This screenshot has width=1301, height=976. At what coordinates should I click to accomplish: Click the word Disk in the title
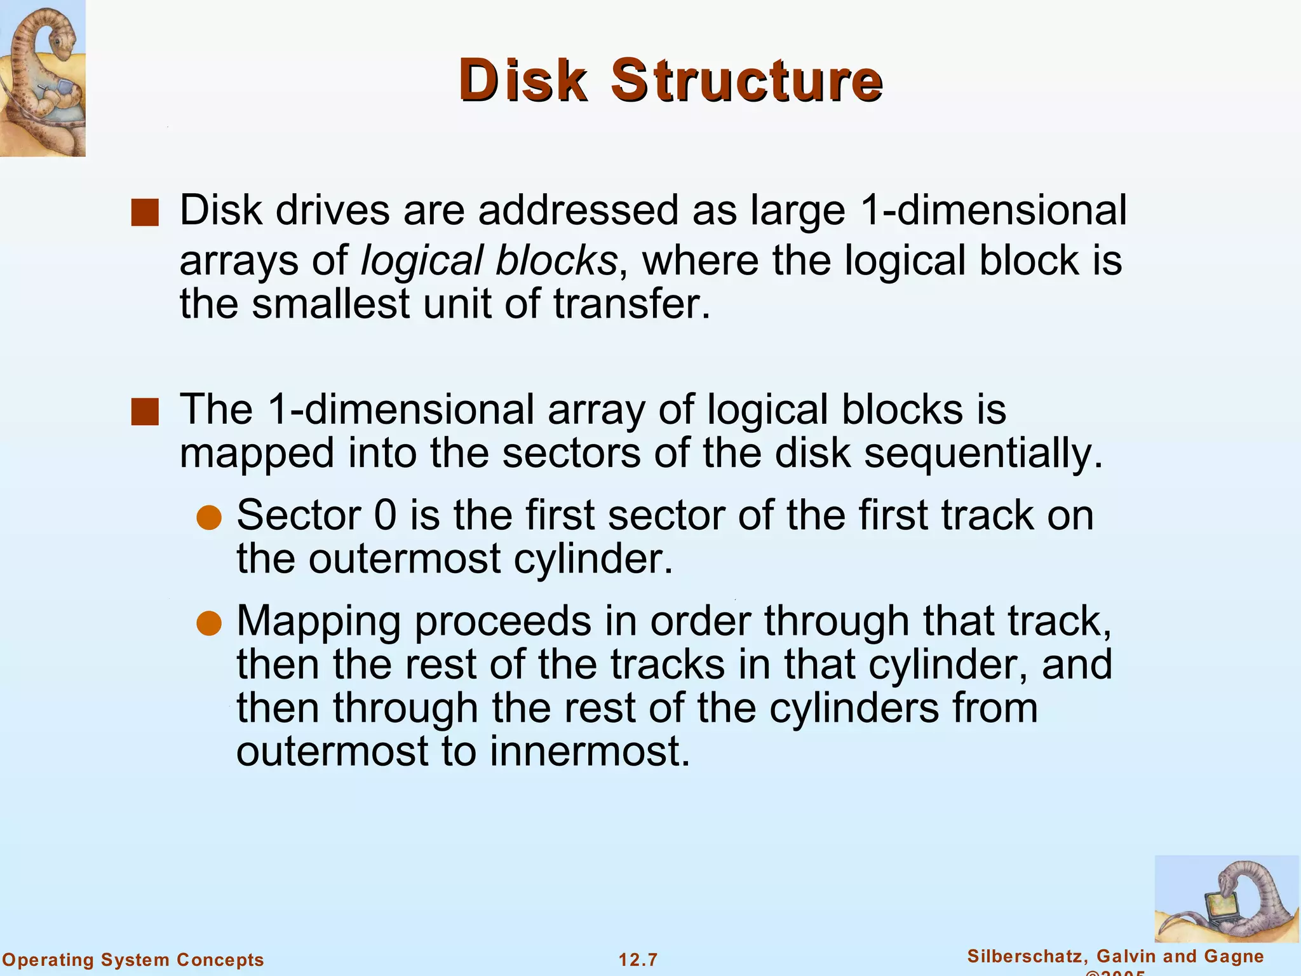(522, 81)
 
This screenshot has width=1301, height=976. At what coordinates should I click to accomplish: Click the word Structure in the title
(746, 81)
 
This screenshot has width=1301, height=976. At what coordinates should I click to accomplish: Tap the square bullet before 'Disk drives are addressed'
(145, 213)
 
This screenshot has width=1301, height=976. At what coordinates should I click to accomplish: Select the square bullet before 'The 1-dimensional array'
(145, 411)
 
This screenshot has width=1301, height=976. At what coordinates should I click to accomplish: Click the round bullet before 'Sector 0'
(208, 518)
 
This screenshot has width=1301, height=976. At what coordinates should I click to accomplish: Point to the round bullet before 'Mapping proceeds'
(208, 623)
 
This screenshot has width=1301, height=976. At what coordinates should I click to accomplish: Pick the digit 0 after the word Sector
(385, 515)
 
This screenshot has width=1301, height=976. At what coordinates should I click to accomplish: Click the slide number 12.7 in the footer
(638, 959)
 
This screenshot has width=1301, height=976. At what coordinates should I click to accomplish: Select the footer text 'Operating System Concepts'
(133, 959)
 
